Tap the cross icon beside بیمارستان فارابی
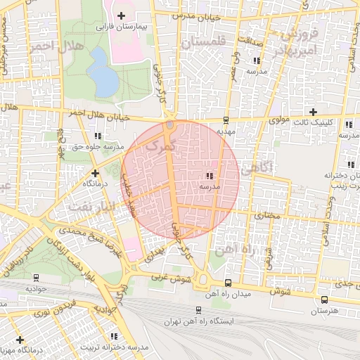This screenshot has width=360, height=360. (122, 15)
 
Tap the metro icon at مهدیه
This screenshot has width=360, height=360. (226, 120)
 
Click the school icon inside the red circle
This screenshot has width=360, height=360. (210, 175)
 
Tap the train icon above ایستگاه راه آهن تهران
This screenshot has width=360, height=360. (198, 309)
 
